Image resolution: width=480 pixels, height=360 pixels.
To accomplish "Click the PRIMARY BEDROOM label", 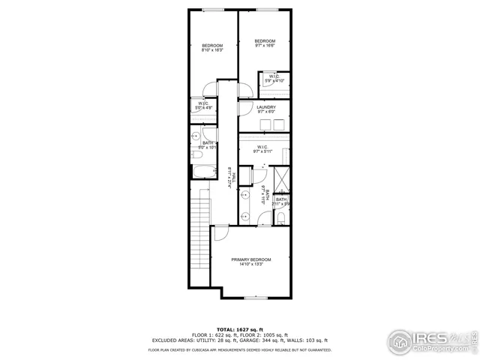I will pyautogui.click(x=250, y=259).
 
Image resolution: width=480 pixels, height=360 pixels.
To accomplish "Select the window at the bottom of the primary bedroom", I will pyautogui.click(x=255, y=298).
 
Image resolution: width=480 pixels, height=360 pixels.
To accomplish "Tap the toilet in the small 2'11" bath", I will pyautogui.click(x=280, y=217).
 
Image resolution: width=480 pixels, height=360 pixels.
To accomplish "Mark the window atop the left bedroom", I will pyautogui.click(x=213, y=10).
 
